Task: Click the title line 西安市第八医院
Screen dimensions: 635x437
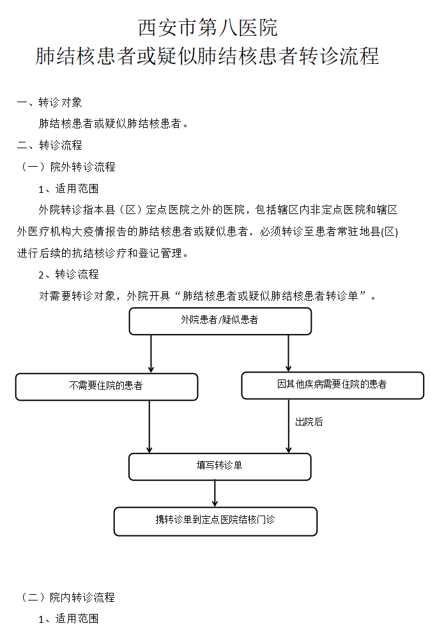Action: (208, 28)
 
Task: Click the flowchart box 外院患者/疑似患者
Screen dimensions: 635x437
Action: (220, 321)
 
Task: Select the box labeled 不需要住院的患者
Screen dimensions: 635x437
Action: (106, 386)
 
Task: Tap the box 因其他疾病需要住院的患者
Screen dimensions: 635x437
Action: (332, 385)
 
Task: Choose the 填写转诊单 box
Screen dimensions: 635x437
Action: (220, 466)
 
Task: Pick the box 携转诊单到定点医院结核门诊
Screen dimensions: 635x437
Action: (215, 521)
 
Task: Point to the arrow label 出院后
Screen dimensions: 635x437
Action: (309, 422)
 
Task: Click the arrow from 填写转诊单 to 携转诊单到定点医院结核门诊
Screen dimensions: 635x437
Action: (215, 493)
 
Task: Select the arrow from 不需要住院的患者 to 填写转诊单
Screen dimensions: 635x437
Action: (149, 426)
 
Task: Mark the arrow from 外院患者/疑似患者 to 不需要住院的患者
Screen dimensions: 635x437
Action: (151, 353)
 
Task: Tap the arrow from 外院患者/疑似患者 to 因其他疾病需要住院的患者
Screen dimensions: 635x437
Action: (288, 353)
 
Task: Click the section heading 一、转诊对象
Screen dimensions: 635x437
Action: (49, 102)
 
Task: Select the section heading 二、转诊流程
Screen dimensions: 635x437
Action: (49, 146)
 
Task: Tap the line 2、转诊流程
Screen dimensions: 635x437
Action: (68, 275)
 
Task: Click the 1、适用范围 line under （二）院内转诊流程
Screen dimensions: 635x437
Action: (68, 619)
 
